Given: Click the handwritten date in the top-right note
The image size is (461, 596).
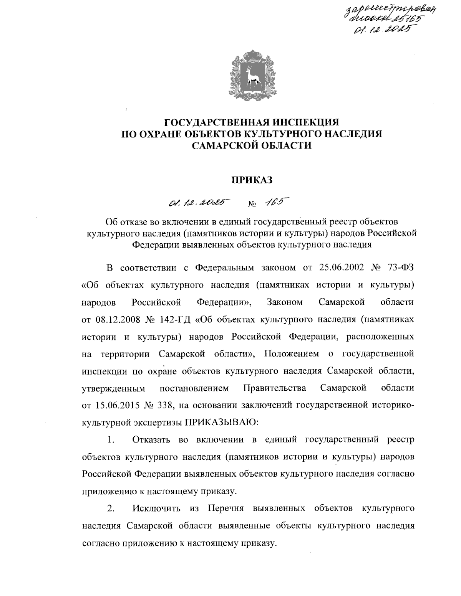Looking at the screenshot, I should point(382,29).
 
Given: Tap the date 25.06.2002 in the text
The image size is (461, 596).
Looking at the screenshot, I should point(341,267).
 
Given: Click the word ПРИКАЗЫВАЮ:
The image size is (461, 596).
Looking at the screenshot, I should point(217,423).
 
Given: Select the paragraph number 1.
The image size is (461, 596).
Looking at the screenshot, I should point(111,440).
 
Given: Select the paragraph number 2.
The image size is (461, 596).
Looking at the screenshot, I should point(111,509).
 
